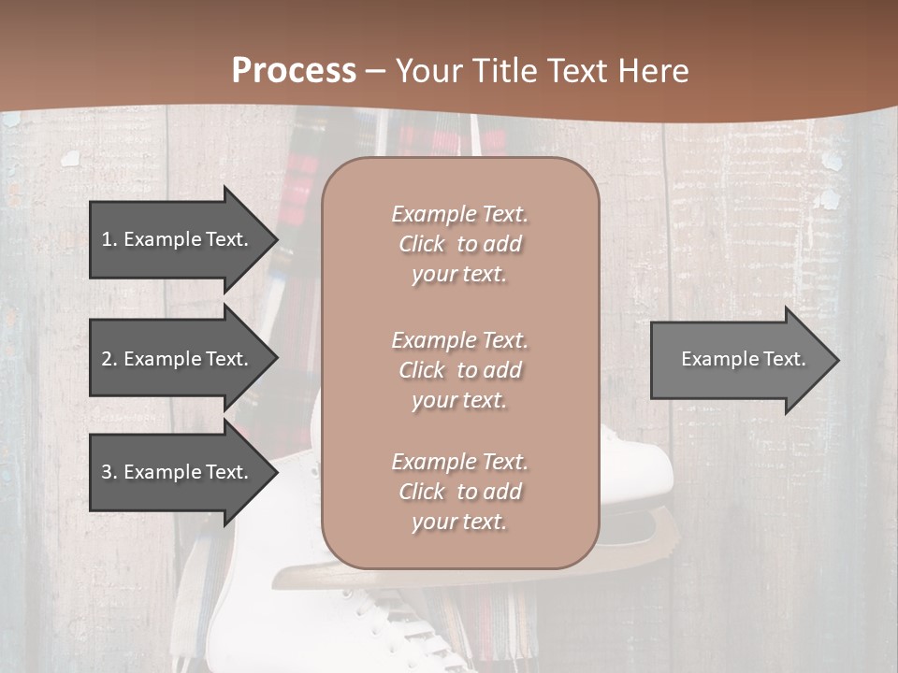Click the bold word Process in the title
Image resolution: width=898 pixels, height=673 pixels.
(294, 71)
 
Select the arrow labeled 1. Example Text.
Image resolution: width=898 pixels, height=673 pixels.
(174, 239)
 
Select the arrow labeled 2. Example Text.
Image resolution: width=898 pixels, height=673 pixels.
(174, 359)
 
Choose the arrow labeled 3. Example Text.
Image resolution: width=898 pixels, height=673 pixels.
(174, 472)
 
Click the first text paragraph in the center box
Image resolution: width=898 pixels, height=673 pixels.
(459, 244)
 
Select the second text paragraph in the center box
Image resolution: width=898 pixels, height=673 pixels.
(459, 370)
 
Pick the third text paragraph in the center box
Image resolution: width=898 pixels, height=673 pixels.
(459, 492)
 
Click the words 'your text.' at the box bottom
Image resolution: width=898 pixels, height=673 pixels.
(459, 522)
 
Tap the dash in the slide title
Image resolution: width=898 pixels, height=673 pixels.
(375, 71)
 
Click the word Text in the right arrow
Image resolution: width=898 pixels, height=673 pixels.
(784, 359)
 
